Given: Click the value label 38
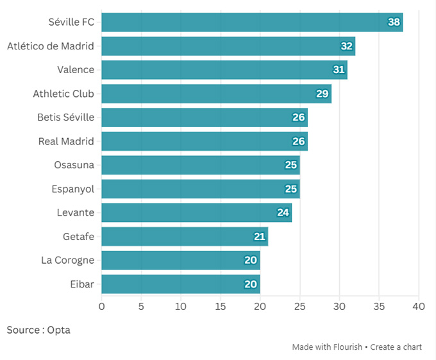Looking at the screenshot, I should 394,22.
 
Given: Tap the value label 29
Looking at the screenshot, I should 323,94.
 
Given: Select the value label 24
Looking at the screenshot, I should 283,213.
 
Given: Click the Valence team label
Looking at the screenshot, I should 76,70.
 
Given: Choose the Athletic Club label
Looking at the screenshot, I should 63,94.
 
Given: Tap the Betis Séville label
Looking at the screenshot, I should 65,117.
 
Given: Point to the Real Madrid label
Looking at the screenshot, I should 66,141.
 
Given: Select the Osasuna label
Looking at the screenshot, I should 74,165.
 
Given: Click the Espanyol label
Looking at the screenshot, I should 72,189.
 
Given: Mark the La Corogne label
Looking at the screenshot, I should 67,261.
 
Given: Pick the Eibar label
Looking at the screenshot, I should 82,284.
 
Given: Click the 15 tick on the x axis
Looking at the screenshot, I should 221,306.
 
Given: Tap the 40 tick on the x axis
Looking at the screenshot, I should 419,306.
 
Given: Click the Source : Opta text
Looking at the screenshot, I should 38,330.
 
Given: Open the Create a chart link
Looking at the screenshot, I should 396,347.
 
